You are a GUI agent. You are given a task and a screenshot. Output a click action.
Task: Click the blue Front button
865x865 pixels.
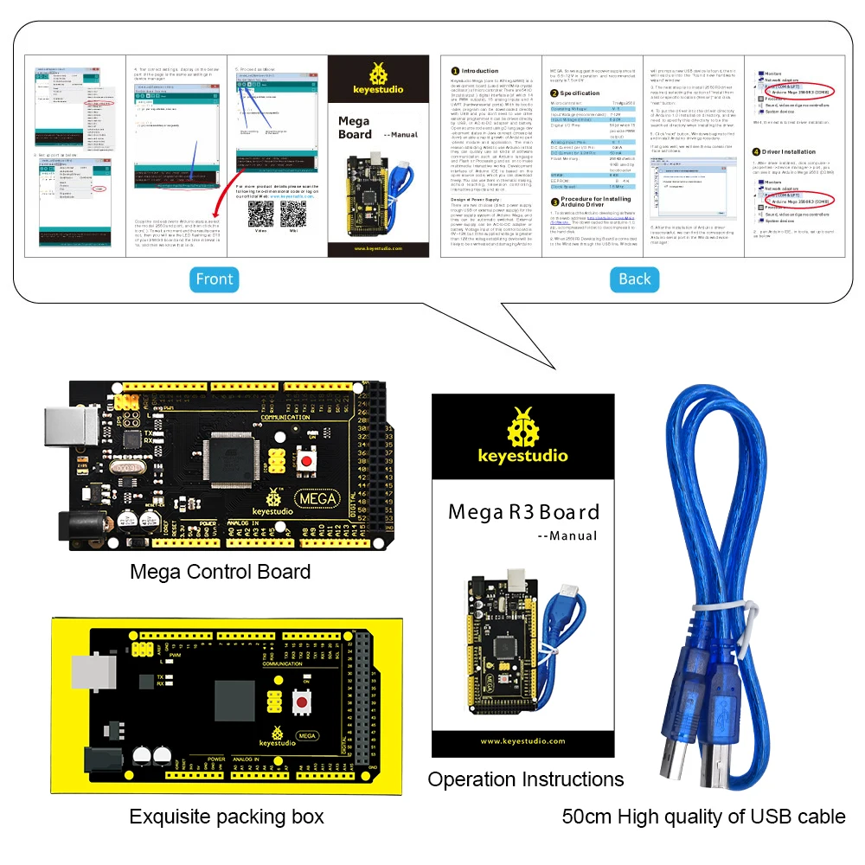(214, 279)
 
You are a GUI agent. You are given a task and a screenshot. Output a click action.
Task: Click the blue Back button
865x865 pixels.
(634, 279)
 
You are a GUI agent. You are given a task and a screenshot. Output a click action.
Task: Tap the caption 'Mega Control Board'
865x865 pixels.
(220, 572)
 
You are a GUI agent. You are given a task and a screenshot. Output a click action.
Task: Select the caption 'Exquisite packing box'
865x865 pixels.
(227, 817)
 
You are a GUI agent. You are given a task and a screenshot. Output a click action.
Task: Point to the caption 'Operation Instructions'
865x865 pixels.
(525, 779)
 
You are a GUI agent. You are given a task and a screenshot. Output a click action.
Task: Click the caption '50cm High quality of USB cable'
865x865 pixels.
(703, 817)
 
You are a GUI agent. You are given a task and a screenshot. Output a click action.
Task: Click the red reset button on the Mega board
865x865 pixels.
(305, 463)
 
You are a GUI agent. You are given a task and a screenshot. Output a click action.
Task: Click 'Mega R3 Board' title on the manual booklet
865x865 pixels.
(523, 512)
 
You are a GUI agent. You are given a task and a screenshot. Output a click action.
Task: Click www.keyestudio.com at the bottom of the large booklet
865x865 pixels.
(523, 740)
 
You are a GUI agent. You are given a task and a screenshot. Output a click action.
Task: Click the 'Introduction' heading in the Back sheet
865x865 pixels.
(480, 71)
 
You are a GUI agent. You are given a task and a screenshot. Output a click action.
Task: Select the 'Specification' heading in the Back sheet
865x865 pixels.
(580, 93)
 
